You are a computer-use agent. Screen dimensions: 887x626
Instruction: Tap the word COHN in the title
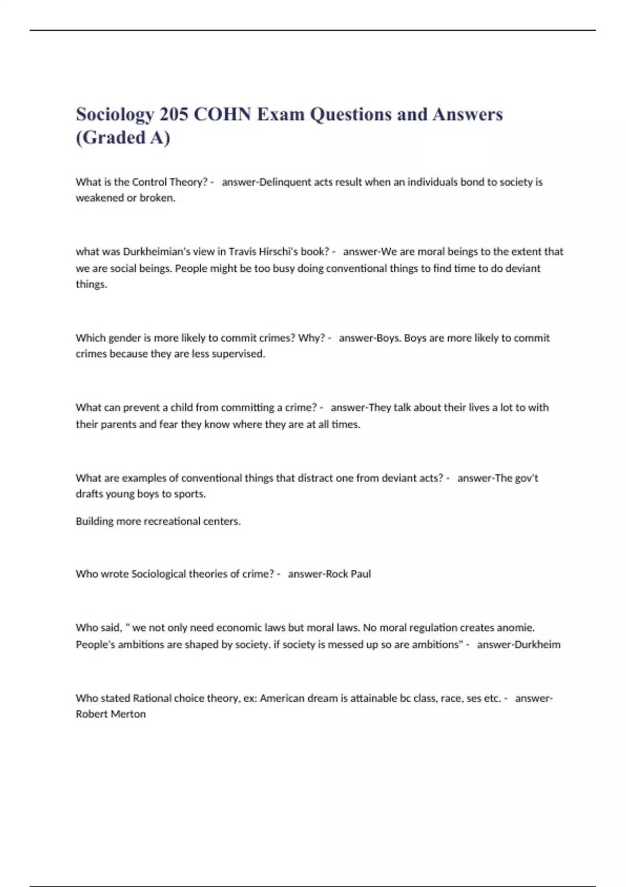(x=223, y=114)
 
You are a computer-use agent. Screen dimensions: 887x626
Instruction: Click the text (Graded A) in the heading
(x=123, y=138)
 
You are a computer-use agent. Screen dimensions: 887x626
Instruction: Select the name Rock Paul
(x=348, y=574)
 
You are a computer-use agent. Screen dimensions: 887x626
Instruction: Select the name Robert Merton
(x=111, y=714)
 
